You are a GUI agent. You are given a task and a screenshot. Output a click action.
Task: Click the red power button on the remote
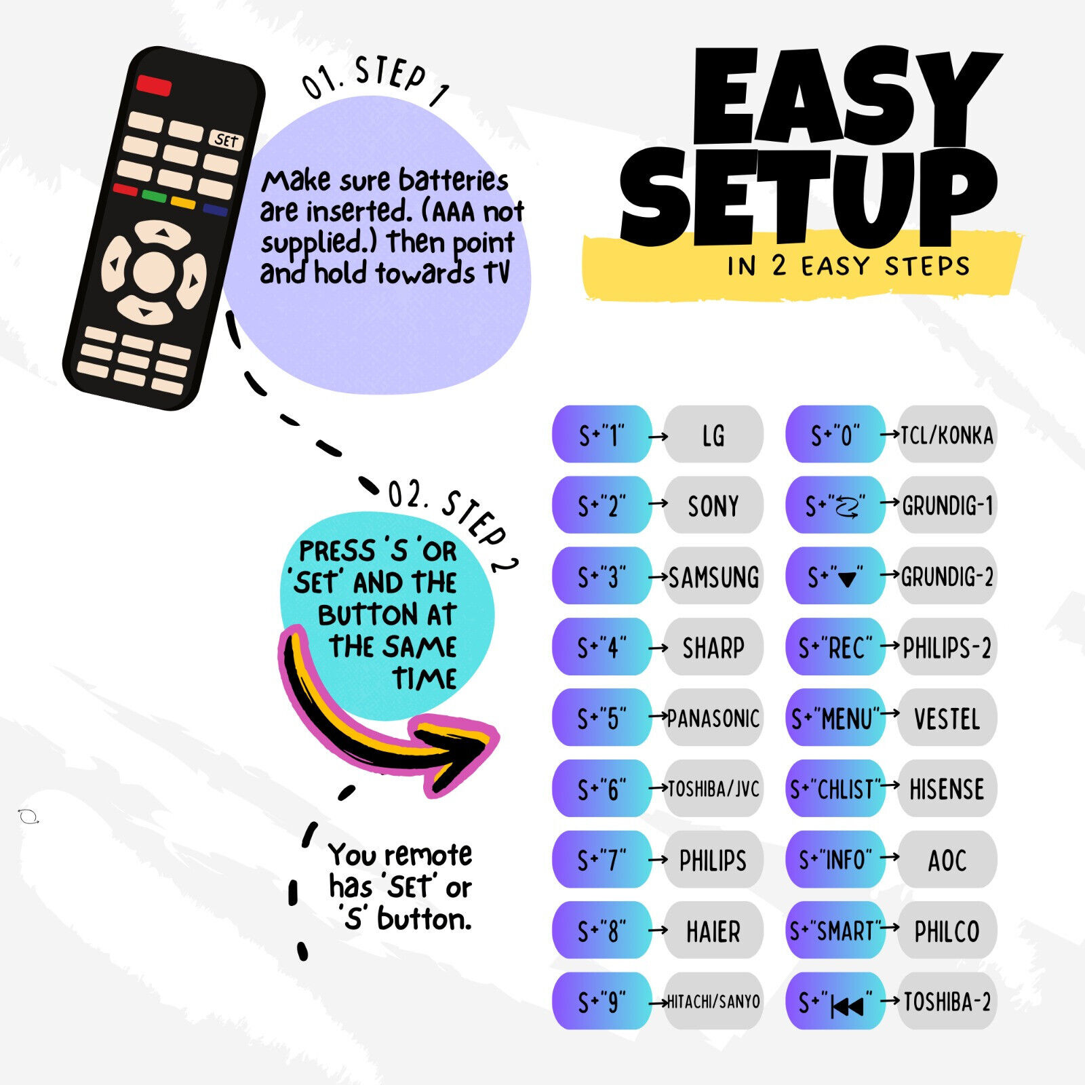tap(154, 85)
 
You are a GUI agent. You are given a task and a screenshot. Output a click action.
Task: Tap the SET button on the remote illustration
tap(226, 140)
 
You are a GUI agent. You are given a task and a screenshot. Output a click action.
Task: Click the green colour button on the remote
tap(154, 197)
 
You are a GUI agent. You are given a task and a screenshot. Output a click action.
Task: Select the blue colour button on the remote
tap(215, 210)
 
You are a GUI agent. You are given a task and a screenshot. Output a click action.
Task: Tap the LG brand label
tap(713, 435)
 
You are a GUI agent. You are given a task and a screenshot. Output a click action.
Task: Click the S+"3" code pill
tap(602, 576)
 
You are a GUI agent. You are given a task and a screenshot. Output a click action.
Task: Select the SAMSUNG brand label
tap(714, 577)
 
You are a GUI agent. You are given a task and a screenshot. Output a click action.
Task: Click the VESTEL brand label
tap(947, 719)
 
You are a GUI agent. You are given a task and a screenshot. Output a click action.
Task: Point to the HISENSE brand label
tap(947, 789)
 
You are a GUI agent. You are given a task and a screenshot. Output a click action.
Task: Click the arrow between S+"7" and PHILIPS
tap(658, 860)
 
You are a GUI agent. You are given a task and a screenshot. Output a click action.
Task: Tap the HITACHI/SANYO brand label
tap(713, 1002)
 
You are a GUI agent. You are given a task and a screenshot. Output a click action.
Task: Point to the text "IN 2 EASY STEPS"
tap(848, 266)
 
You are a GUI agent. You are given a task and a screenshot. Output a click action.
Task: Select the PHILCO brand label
tap(947, 931)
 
